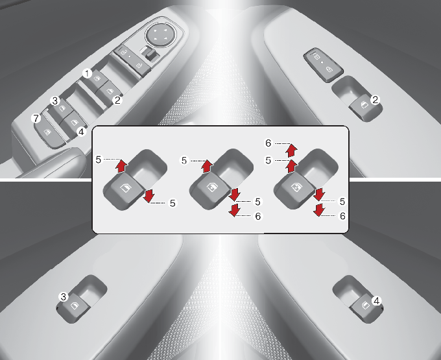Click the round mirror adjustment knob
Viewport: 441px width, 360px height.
click(x=161, y=35)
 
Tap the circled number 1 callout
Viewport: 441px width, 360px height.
click(x=87, y=74)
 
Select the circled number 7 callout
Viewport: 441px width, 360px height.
click(x=36, y=119)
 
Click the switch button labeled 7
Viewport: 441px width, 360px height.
click(x=49, y=133)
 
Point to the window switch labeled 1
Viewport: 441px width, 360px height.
click(x=97, y=79)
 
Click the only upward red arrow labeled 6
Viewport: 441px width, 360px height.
click(x=291, y=150)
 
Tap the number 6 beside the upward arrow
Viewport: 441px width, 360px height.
click(x=268, y=143)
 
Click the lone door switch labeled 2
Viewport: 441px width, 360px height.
click(x=364, y=108)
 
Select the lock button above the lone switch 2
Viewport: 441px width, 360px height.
click(x=323, y=65)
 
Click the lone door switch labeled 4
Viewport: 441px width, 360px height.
click(x=366, y=309)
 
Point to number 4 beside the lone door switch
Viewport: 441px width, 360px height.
click(x=376, y=301)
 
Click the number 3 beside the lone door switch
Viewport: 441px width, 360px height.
click(x=64, y=296)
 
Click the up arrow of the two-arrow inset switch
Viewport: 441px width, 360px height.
click(x=121, y=167)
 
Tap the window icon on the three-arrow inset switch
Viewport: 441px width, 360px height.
click(x=211, y=187)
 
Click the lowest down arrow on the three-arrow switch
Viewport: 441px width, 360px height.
click(x=234, y=210)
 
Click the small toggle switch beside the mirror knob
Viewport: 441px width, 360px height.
click(x=150, y=53)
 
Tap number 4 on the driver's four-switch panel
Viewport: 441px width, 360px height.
click(x=81, y=131)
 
